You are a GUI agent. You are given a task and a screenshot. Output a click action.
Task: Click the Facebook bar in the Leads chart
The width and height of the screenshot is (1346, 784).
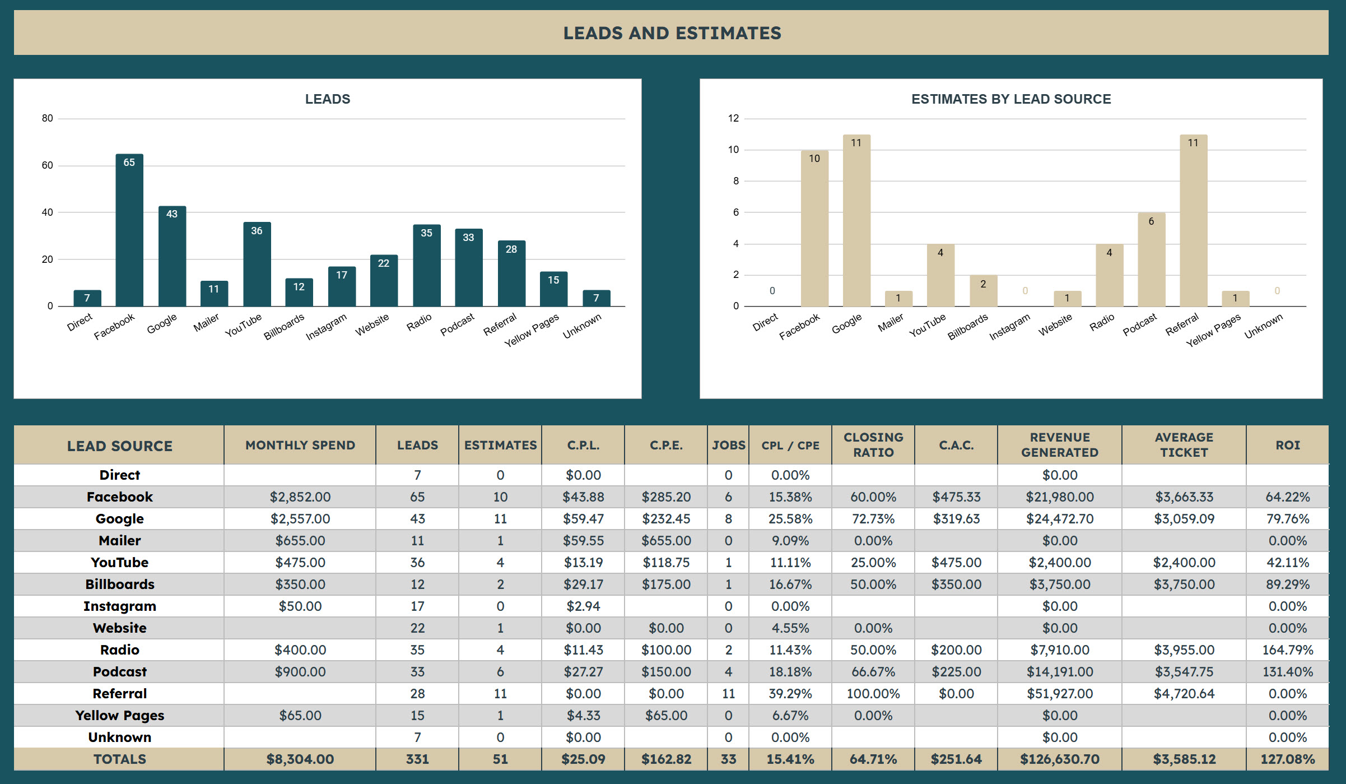click(129, 230)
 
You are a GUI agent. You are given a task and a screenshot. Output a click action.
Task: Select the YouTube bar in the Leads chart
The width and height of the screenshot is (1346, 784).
click(257, 264)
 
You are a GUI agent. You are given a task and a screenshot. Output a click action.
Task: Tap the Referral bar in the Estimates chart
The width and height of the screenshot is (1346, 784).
click(1194, 220)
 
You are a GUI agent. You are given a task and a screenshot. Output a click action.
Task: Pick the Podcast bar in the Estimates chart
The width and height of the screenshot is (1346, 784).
click(1152, 259)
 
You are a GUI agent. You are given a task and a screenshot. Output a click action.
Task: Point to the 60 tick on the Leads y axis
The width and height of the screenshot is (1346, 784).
click(48, 165)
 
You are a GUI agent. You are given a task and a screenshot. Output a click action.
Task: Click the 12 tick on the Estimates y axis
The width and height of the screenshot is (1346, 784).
click(733, 118)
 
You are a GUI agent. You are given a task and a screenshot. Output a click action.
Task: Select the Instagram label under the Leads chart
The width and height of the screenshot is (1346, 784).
click(326, 327)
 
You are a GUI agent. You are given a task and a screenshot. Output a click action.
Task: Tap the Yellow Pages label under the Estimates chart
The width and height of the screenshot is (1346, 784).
click(1213, 330)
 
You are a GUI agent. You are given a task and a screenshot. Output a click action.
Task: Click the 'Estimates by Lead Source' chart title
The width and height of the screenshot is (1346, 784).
click(1011, 99)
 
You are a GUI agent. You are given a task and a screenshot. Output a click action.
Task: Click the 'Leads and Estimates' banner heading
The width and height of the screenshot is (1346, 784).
click(672, 33)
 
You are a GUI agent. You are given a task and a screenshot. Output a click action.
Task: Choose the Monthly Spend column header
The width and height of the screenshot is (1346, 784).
click(300, 445)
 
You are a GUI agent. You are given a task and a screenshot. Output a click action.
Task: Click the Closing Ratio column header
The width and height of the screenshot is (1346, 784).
click(873, 445)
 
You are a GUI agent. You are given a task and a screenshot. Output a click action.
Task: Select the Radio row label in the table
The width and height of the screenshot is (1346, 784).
click(120, 650)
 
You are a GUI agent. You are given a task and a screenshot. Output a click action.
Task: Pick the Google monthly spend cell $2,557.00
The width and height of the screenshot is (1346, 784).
click(300, 519)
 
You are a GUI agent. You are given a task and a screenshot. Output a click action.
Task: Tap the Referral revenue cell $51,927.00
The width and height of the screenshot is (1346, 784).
click(1060, 694)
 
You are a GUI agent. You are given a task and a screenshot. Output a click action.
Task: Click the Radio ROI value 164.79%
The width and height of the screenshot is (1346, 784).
click(1288, 650)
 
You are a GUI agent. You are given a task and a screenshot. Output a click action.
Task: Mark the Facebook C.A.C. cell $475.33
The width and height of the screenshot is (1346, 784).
click(957, 497)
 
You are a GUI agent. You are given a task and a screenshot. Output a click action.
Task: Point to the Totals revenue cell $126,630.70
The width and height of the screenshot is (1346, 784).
click(1060, 759)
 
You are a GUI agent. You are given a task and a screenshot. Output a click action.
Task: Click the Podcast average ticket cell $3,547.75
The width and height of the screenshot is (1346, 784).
click(1184, 672)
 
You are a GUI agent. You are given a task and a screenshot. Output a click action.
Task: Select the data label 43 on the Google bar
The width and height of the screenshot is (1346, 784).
click(172, 214)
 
